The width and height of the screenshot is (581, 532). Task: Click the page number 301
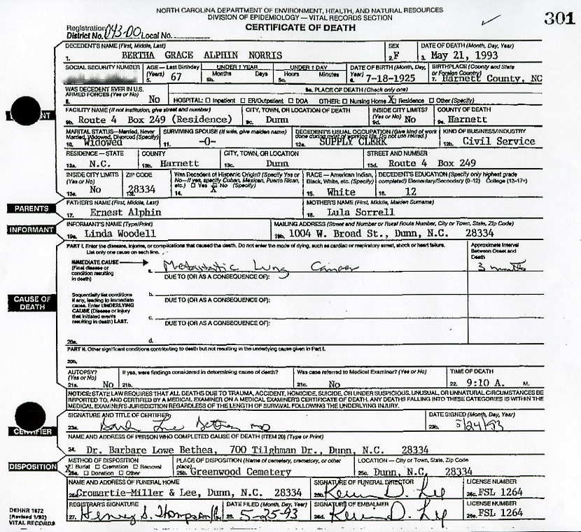561,19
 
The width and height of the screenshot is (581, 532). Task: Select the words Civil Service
498,141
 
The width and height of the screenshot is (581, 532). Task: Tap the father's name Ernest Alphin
129,212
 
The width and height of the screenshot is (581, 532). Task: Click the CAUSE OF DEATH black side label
30,303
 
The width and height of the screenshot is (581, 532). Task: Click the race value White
341,192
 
